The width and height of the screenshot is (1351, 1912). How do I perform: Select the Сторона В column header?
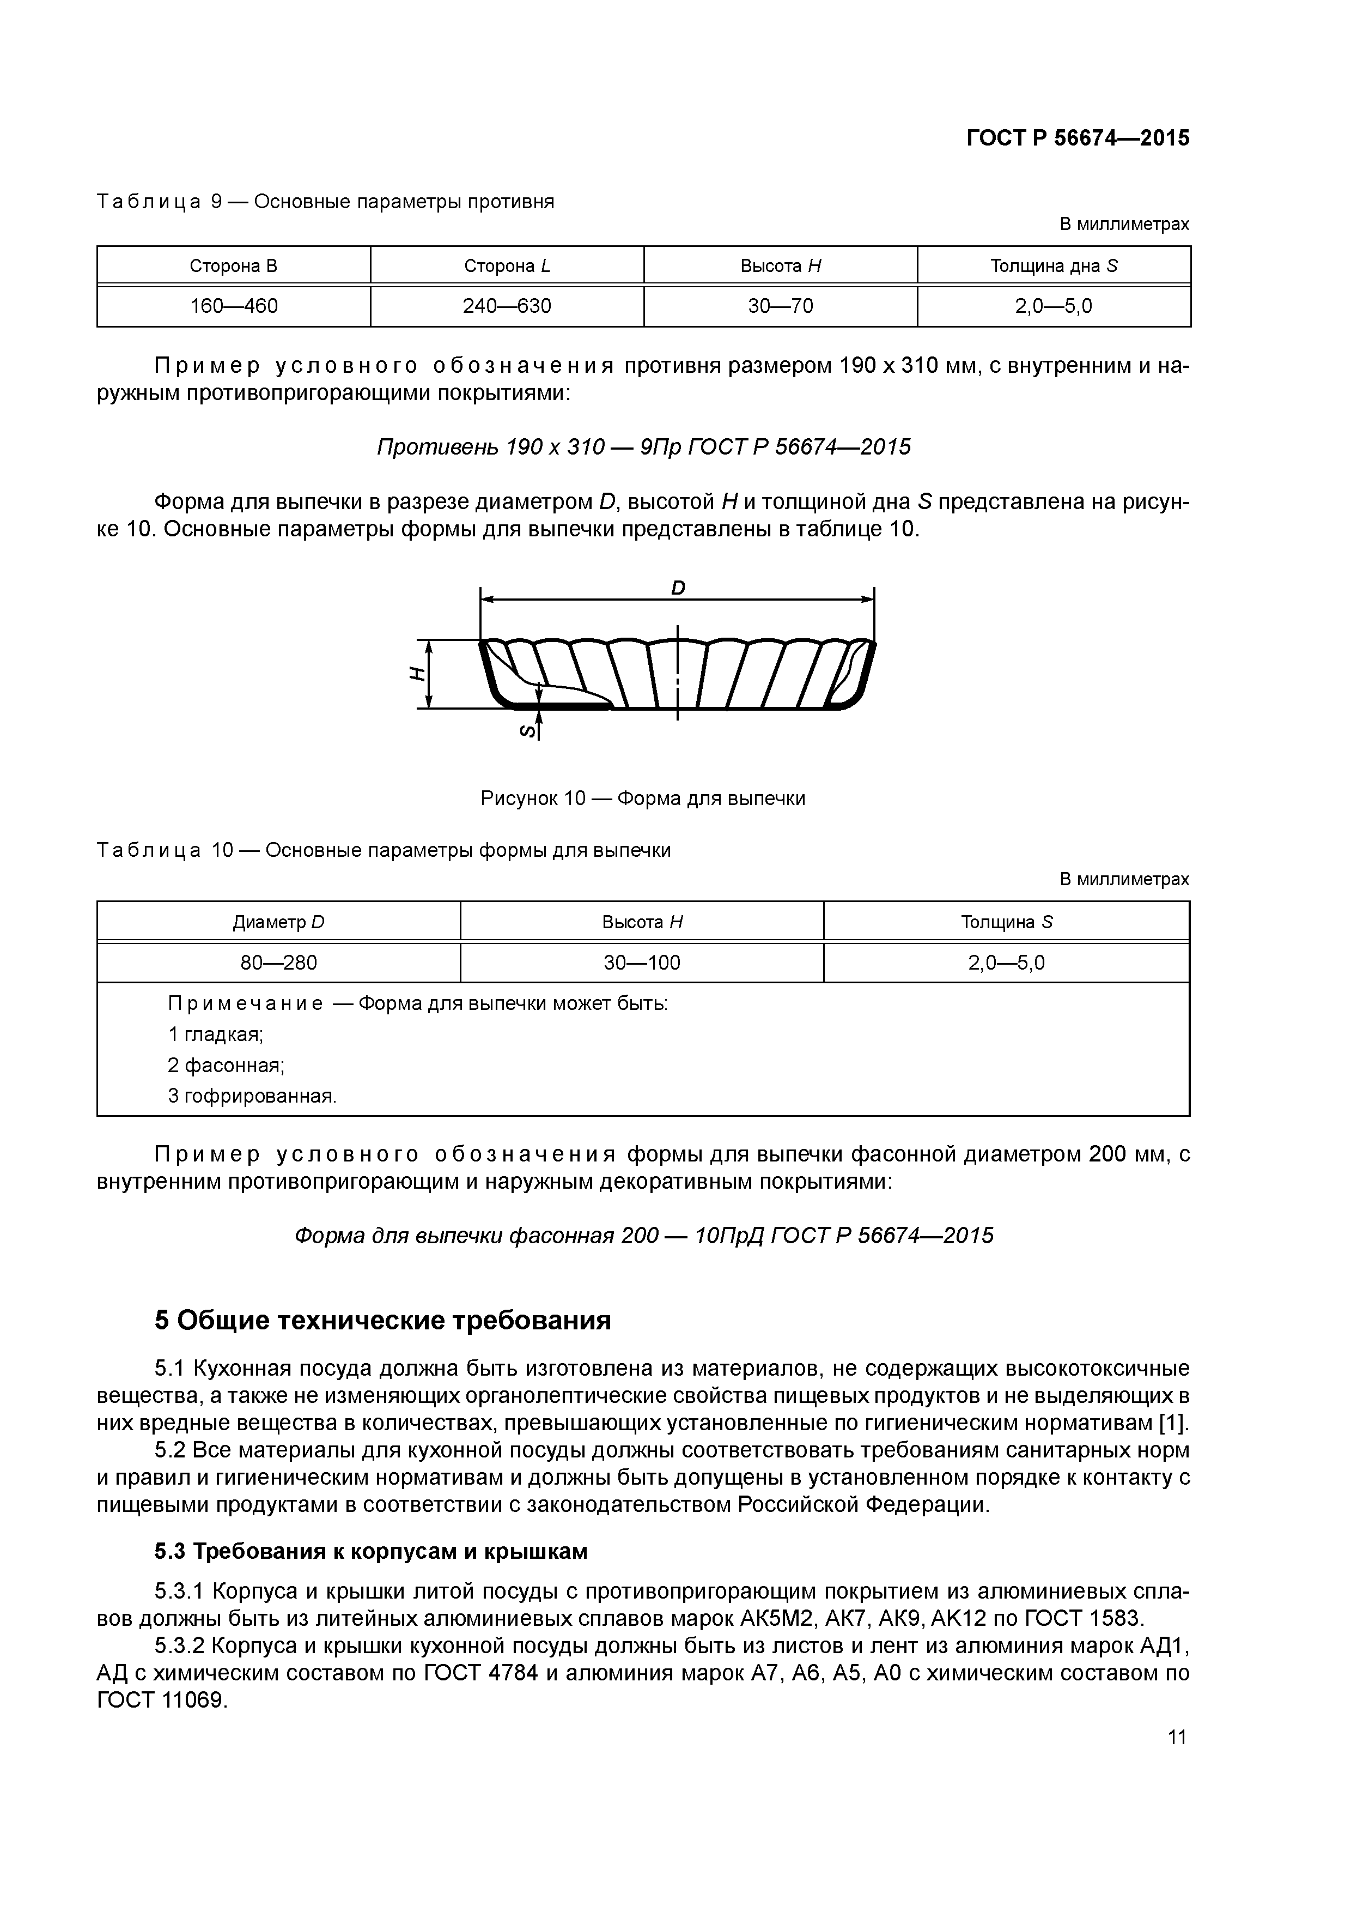233,267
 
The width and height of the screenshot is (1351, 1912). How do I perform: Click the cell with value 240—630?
507,306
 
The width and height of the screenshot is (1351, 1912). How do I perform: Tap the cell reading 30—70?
780,306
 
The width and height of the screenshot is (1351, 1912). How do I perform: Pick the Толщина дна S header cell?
1053,267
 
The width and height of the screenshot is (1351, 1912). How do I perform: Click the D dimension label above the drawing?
678,588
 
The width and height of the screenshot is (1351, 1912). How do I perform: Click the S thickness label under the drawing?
526,731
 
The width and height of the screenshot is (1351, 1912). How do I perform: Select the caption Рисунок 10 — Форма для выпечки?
643,798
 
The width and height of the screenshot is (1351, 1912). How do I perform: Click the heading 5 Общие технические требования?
383,1321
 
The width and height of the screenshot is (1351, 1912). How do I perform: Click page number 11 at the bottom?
1176,1737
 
